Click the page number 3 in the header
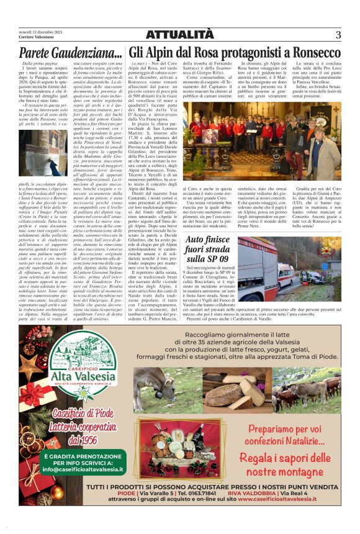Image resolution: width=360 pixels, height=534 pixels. (338, 34)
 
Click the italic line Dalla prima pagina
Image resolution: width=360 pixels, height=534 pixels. (37, 64)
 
